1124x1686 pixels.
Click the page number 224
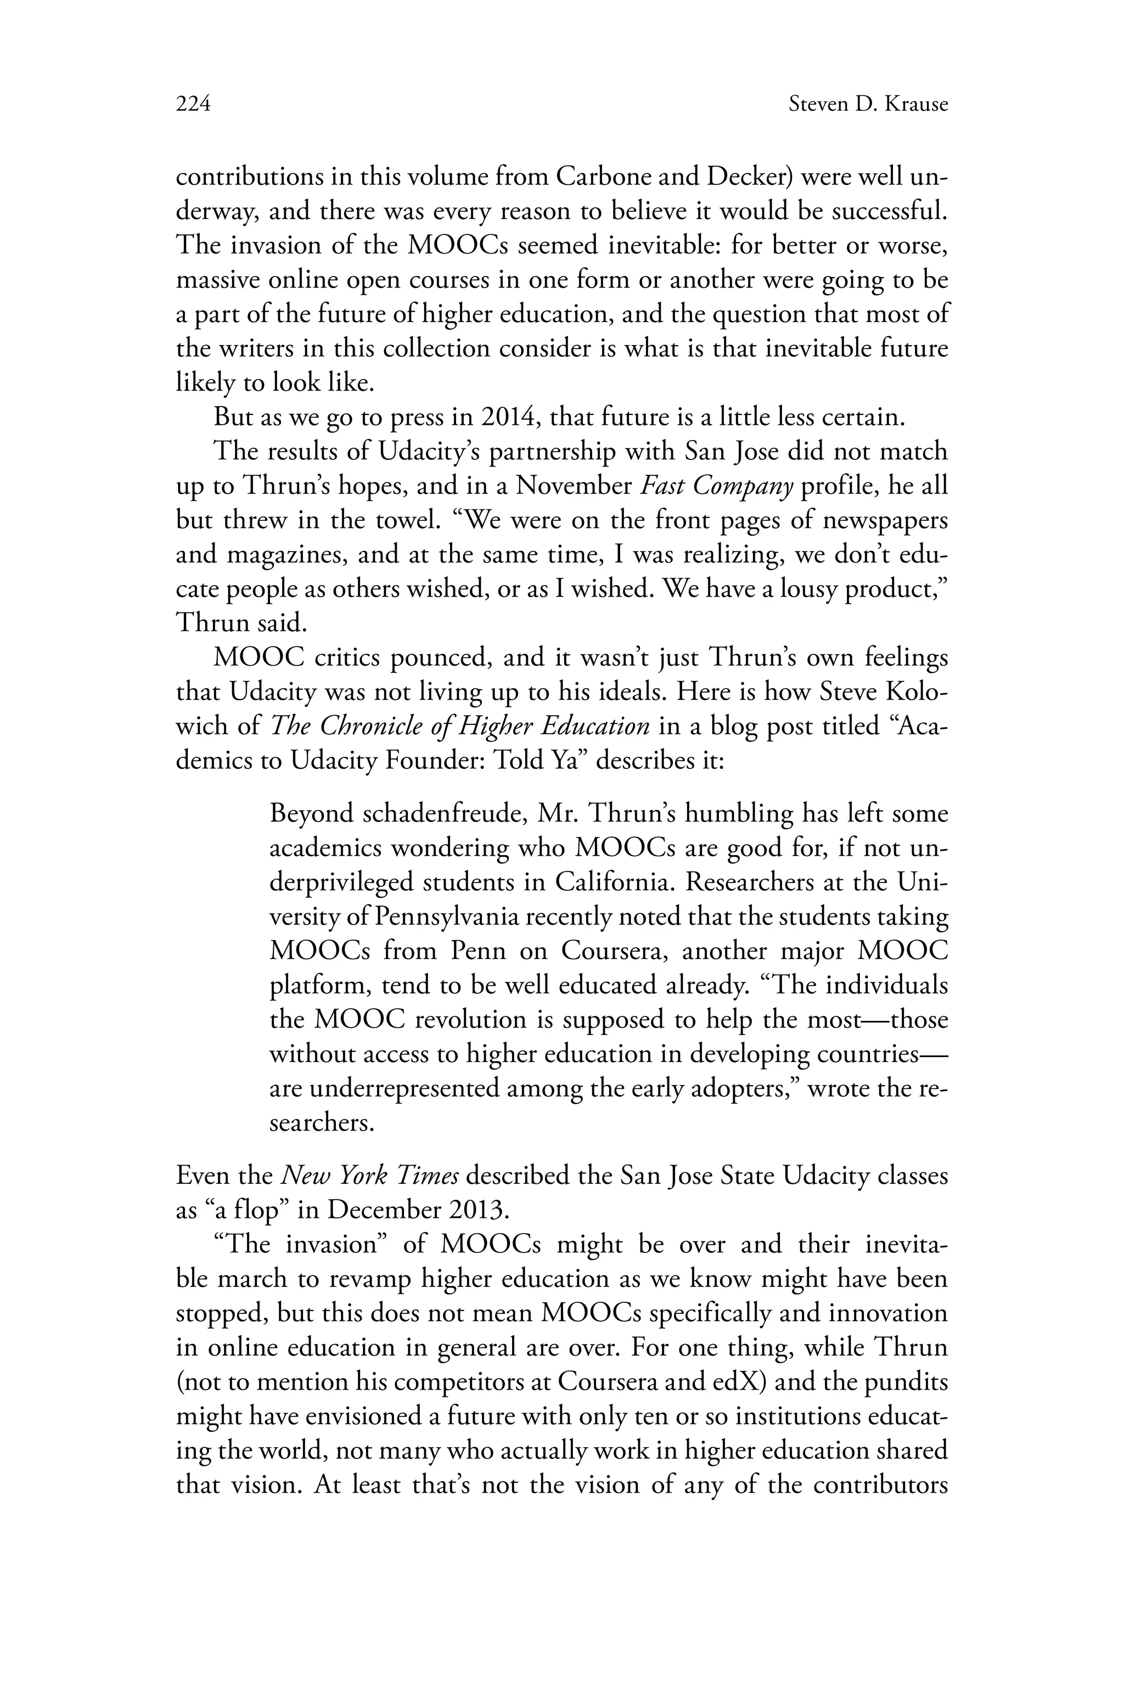click(193, 105)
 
